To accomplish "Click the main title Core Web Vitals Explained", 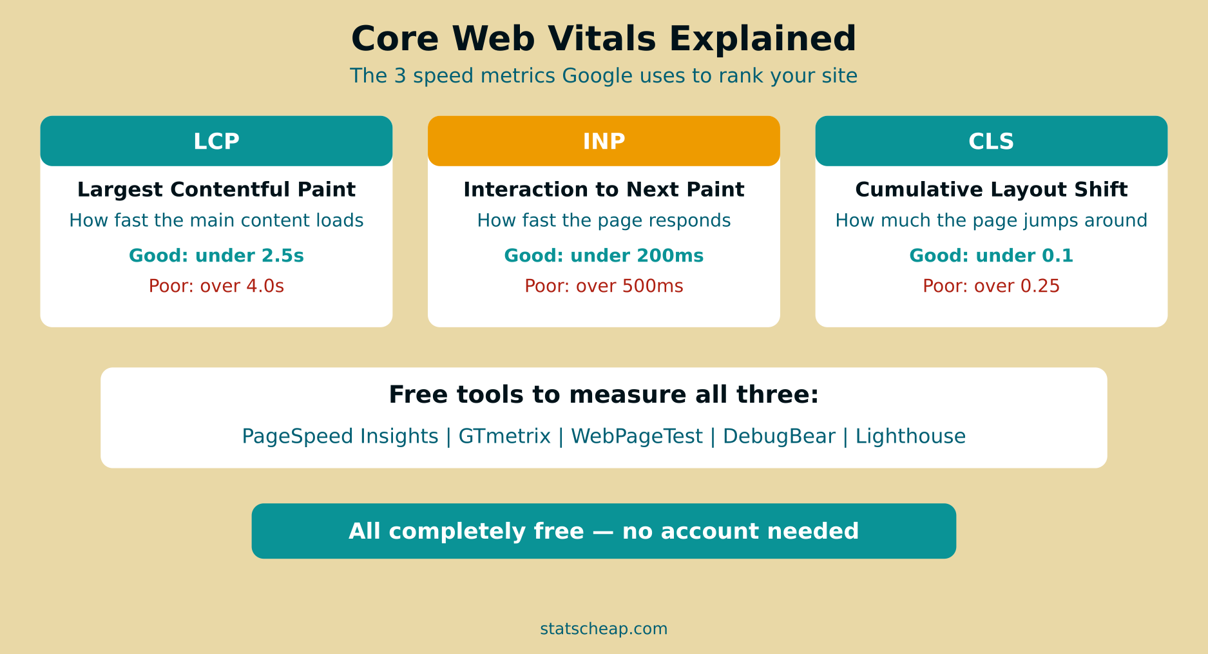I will click(604, 39).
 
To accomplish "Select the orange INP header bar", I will click(604, 141).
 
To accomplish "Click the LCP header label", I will click(216, 141).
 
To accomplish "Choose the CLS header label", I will click(991, 141).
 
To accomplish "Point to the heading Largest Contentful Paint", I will click(216, 189).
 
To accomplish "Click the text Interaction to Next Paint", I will click(604, 189).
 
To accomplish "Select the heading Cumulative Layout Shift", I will click(991, 189).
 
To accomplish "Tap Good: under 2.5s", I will click(216, 256).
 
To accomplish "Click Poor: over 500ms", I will click(604, 286).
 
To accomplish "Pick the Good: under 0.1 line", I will click(991, 256).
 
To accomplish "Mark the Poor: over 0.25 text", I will click(991, 286).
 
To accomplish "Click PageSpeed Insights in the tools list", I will click(340, 437).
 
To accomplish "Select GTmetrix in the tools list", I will click(504, 437).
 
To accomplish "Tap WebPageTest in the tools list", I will click(637, 437).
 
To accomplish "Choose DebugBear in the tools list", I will click(779, 437).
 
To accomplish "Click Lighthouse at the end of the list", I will click(910, 437).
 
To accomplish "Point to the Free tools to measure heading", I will click(604, 395).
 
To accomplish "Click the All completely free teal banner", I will click(604, 531).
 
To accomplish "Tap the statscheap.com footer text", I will click(604, 629).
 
